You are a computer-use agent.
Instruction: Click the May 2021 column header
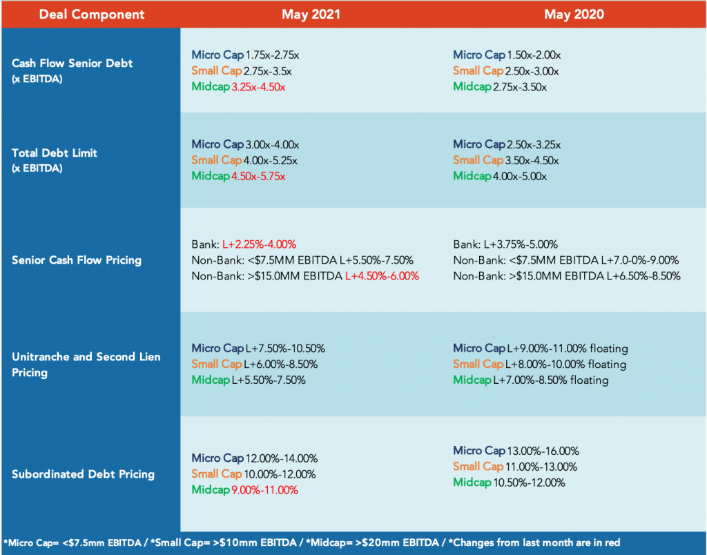pos(311,14)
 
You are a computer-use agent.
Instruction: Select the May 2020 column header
pos(574,14)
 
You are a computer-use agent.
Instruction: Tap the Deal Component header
pos(92,14)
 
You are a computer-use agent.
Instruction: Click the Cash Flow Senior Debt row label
pos(72,70)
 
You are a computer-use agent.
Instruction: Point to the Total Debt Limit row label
pos(54,160)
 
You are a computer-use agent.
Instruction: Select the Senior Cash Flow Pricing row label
pos(77,260)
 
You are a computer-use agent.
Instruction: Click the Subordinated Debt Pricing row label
pos(83,474)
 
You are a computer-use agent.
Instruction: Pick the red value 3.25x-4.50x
pos(258,87)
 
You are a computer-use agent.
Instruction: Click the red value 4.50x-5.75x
pos(258,176)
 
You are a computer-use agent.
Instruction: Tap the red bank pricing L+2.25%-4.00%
pos(260,244)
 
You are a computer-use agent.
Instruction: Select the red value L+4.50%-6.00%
pos(382,276)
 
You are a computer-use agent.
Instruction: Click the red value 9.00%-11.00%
pos(264,490)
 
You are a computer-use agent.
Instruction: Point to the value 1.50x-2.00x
pos(534,55)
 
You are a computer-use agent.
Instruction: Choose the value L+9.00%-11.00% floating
pos(568,349)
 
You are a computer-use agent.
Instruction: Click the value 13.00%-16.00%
pos(543,451)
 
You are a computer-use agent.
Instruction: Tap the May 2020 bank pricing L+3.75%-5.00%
pos(521,244)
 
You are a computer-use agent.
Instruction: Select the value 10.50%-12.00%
pos(529,483)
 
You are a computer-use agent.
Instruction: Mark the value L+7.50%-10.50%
pos(285,349)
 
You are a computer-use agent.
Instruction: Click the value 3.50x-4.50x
pos(532,161)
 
